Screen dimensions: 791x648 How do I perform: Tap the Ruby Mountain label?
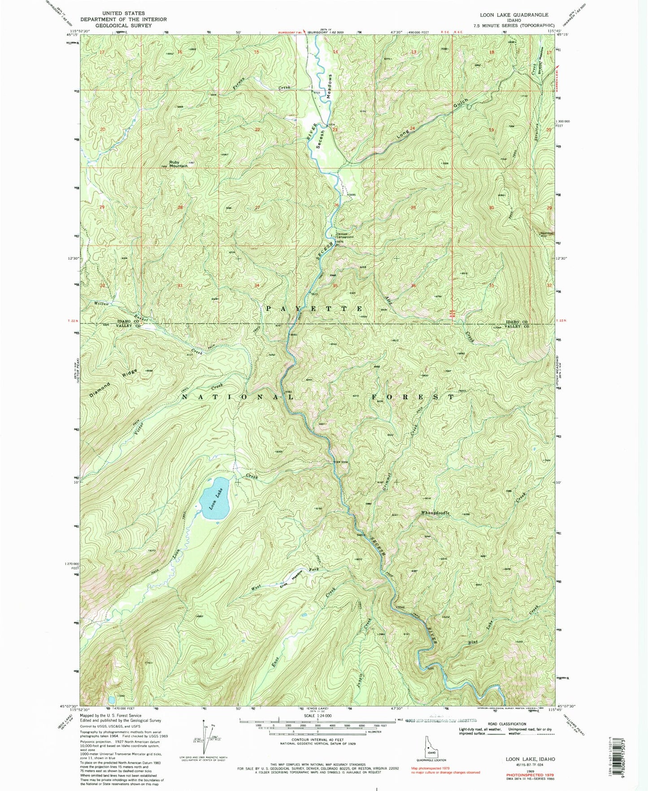click(178, 164)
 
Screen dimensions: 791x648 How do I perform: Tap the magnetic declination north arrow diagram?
click(207, 741)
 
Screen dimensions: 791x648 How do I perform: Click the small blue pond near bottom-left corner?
click(111, 699)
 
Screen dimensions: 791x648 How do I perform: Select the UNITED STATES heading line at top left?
click(123, 14)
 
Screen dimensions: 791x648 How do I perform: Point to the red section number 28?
click(180, 207)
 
